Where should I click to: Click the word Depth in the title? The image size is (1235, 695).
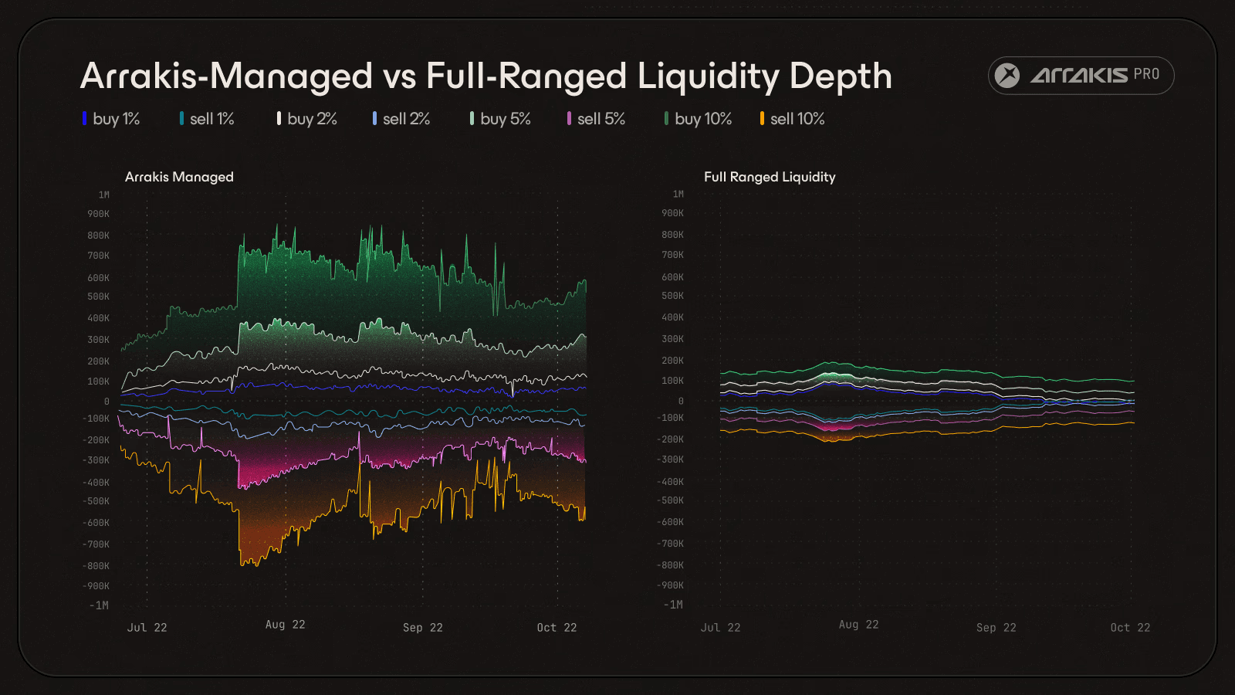pos(841,76)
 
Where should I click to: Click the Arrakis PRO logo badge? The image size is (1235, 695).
pos(1081,76)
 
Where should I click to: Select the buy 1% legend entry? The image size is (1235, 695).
pos(112,119)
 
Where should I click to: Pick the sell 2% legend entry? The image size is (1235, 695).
pos(402,119)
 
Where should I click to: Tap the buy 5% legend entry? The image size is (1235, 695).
pos(501,119)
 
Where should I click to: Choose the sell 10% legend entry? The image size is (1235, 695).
pos(793,119)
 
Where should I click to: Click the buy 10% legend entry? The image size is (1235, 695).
pos(699,119)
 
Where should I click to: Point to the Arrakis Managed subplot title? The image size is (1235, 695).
pos(179,177)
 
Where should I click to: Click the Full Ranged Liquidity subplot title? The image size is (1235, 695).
pos(770,177)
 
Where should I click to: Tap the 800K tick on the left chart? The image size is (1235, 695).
pos(99,236)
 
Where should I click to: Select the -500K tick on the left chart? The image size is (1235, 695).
pos(96,501)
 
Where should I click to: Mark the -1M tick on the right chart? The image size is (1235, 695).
pos(673,605)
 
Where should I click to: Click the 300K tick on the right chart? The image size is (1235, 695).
pos(672,339)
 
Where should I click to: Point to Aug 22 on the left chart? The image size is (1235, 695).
pos(286,625)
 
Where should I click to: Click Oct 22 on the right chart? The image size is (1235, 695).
pos(1130,628)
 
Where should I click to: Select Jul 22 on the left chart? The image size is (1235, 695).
pos(147,628)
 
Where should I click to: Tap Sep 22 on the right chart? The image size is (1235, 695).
pos(996,628)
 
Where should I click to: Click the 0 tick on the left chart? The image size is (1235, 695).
pos(107,402)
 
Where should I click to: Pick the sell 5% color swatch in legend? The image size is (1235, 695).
pos(569,119)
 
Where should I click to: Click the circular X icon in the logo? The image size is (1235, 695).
pos(1007,76)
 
